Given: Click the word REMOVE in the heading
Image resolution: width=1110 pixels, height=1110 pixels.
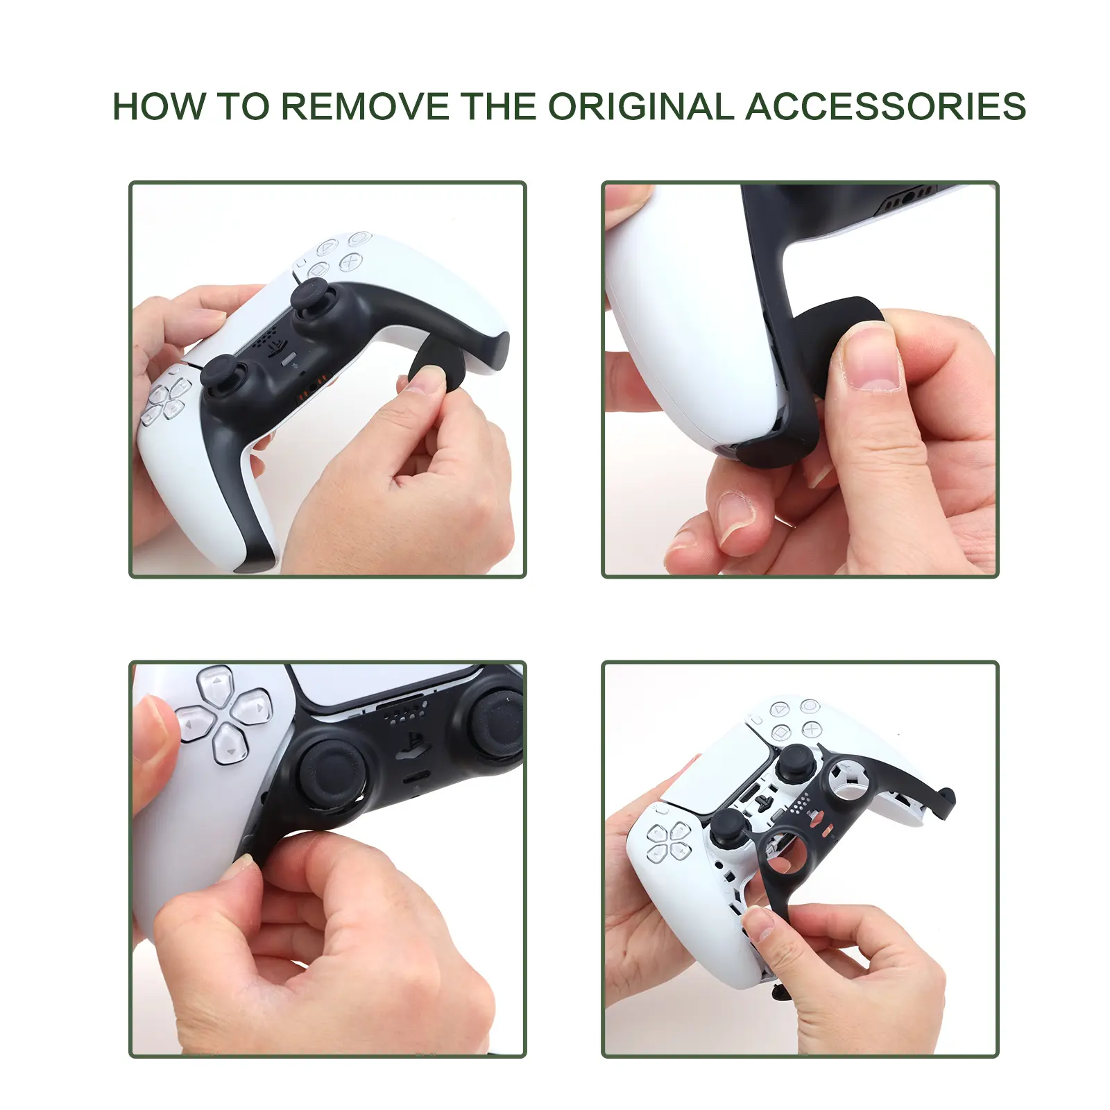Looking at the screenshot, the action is [x=365, y=106].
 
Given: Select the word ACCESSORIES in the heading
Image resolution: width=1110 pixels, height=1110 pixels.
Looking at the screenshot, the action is [x=885, y=106].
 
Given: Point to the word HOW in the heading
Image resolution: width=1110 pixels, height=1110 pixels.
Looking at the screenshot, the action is [x=159, y=106].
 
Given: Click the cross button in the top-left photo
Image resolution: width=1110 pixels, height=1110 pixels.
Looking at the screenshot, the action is [x=350, y=262].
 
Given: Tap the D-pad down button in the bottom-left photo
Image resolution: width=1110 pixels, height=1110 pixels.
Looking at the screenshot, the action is [x=230, y=744].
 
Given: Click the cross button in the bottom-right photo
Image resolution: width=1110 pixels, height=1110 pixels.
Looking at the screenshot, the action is [x=812, y=728].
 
